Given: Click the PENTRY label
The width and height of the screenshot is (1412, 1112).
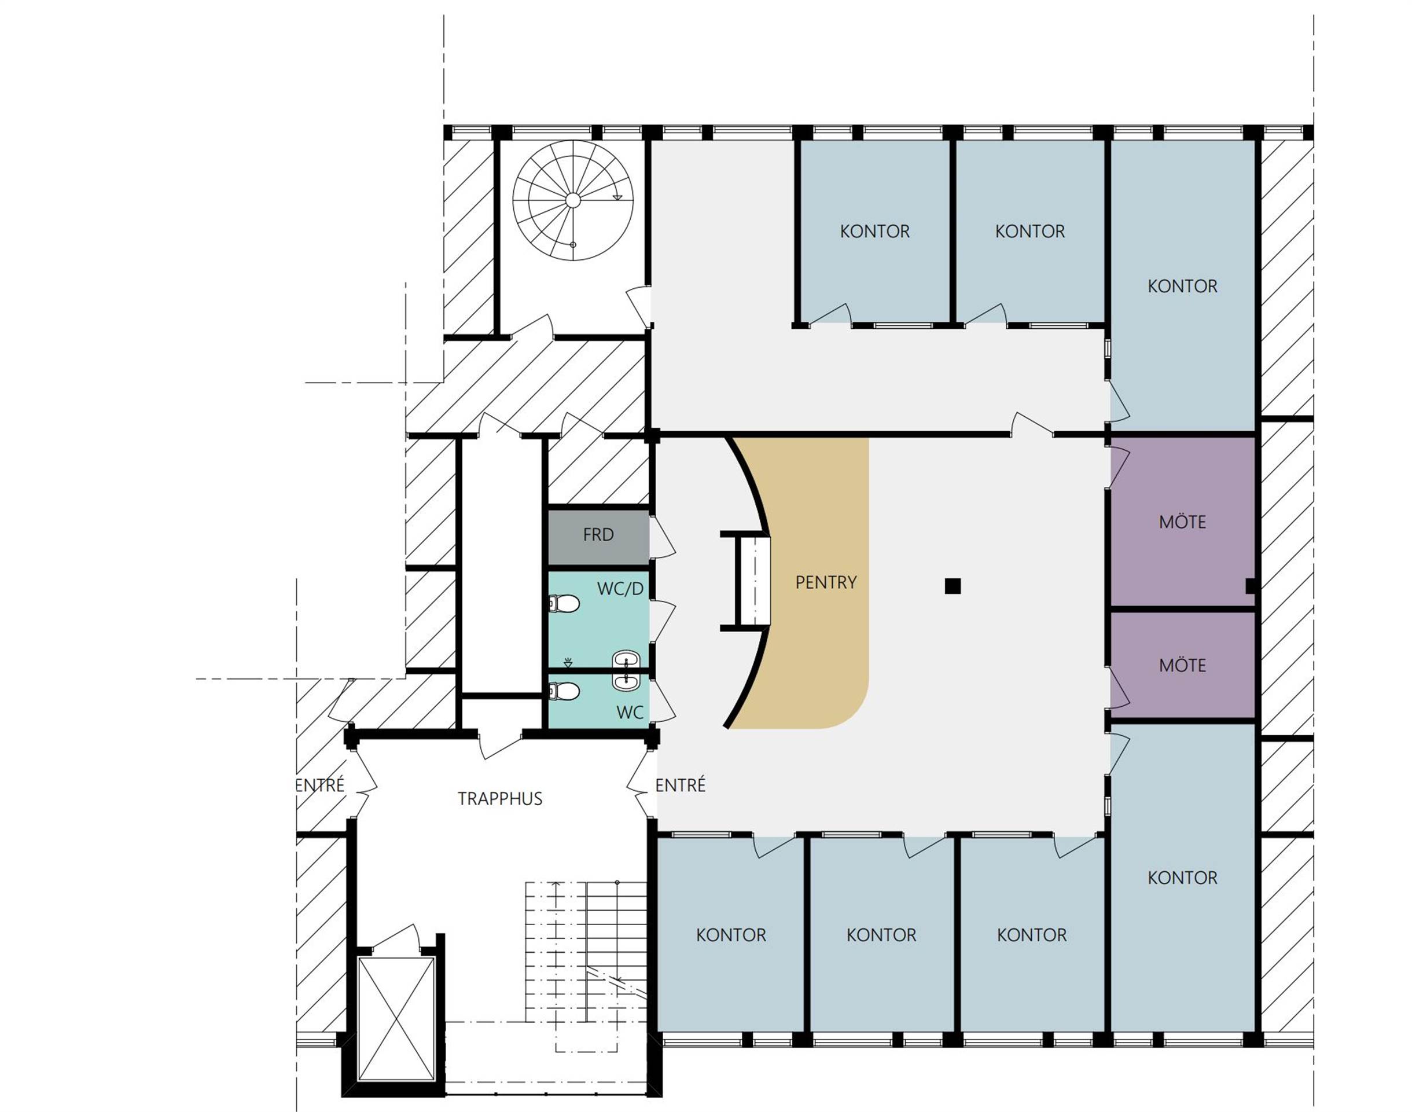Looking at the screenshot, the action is point(826,582).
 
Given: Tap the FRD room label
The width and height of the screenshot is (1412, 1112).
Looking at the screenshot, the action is point(598,534).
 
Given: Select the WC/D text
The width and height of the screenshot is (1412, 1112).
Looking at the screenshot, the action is point(620,589).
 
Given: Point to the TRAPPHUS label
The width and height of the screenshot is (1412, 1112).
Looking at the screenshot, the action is point(500,799).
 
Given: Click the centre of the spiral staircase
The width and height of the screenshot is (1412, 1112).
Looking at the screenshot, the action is point(572,200).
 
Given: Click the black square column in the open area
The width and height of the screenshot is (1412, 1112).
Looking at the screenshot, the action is point(953,586).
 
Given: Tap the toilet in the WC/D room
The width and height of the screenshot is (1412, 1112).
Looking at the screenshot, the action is point(564,604).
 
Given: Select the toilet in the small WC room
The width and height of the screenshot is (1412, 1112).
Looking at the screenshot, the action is point(564,691).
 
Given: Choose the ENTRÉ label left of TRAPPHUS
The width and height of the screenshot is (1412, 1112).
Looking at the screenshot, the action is point(319,785).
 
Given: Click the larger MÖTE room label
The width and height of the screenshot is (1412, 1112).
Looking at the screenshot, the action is point(1182,522).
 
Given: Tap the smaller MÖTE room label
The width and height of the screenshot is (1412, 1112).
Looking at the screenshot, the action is point(1182,665).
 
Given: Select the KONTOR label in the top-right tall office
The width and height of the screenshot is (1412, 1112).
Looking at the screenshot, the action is point(1182,286).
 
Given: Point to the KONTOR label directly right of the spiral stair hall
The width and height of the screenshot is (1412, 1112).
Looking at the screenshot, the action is point(874,231).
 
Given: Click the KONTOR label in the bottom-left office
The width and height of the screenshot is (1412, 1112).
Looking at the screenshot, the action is point(731,935).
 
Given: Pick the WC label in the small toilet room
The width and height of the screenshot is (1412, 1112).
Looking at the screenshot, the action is point(630,712).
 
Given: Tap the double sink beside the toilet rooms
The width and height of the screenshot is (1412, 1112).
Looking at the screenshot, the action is point(627,671).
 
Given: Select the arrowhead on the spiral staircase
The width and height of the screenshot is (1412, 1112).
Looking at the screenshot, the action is point(617,197).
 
